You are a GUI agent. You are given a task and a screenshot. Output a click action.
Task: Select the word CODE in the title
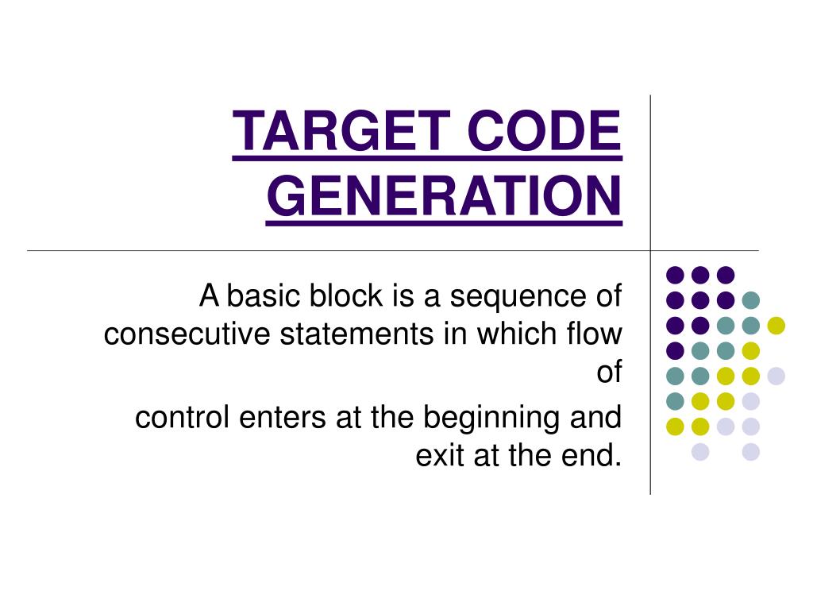544,131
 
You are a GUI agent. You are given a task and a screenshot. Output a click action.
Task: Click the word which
510,334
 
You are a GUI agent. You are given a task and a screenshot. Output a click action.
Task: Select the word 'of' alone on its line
609,373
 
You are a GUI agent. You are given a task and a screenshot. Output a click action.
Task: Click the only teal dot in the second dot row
750,300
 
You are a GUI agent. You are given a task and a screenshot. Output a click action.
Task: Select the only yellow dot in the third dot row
776,326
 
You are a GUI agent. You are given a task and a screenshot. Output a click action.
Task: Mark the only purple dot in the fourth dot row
676,351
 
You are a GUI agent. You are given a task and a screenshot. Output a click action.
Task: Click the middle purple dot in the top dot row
700,275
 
